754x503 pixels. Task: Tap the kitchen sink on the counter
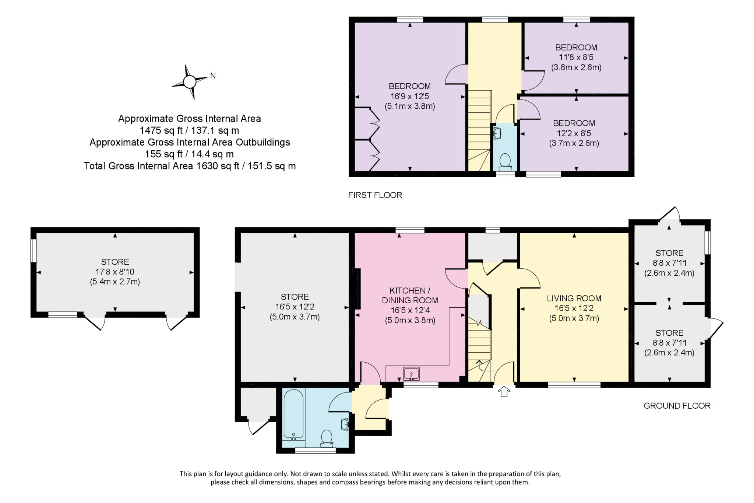tap(411, 374)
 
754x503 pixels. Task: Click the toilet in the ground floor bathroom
tap(326, 438)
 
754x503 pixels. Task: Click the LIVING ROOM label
tap(574, 298)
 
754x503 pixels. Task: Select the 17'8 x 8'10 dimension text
tap(115, 272)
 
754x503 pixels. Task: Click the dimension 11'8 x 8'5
tap(576, 57)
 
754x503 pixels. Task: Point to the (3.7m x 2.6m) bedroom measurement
tap(574, 143)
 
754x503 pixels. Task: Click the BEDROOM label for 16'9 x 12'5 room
tap(409, 86)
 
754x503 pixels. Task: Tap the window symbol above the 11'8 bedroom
tap(577, 20)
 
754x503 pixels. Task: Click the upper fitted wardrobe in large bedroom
tap(368, 123)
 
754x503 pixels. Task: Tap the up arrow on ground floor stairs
tap(479, 363)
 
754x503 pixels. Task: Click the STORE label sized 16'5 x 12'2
tap(295, 297)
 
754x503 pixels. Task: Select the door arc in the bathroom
tap(339, 402)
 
